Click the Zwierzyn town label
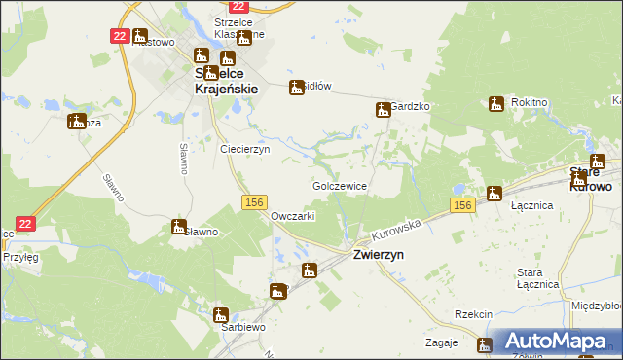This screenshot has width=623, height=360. click(x=379, y=253)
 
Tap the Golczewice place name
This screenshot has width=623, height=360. click(x=339, y=185)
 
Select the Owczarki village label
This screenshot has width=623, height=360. click(x=292, y=216)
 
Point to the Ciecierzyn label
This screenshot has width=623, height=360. click(x=245, y=150)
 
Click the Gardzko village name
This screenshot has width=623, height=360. click(x=411, y=106)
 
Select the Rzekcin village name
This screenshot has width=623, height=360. click(x=473, y=314)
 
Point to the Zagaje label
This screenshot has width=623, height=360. click(x=442, y=343)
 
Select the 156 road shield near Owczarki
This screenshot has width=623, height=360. click(x=253, y=201)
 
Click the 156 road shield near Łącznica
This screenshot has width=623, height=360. click(x=462, y=204)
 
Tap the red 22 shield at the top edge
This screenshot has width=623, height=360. click(x=238, y=6)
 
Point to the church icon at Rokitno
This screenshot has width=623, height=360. click(x=496, y=103)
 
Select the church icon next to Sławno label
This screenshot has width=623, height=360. click(x=178, y=227)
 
